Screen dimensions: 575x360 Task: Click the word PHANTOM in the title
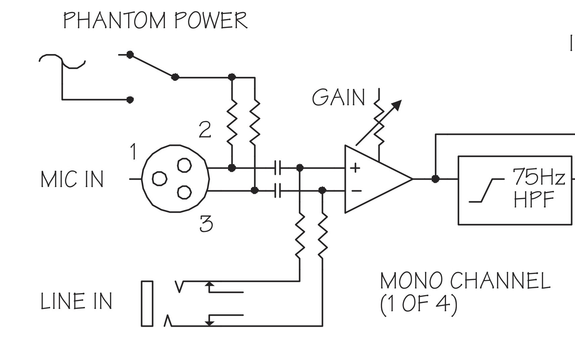pos(114,20)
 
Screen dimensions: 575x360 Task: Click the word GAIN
pos(338,97)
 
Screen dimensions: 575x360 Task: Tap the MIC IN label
pos(72,179)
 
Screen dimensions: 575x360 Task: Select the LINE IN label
pos(76,301)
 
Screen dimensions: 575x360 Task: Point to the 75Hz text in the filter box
pos(538,177)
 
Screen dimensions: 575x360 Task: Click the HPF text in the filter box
pos(534,199)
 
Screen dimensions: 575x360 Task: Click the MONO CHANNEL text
pos(465,281)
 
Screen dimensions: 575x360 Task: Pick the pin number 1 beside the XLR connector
pos(133,151)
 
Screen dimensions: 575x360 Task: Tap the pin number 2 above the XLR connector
pos(205,130)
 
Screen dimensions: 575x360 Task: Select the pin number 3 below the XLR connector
pos(206,224)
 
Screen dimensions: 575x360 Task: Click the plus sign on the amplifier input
pos(355,168)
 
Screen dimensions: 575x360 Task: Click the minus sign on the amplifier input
pos(356,191)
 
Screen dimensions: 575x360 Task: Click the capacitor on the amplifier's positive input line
pos(277,168)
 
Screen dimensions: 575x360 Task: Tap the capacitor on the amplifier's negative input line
pos(277,191)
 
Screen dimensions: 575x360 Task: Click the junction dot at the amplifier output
pos(435,179)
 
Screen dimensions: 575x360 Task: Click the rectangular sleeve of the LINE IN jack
pos(147,304)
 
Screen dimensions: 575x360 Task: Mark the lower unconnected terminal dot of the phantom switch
pos(130,100)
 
